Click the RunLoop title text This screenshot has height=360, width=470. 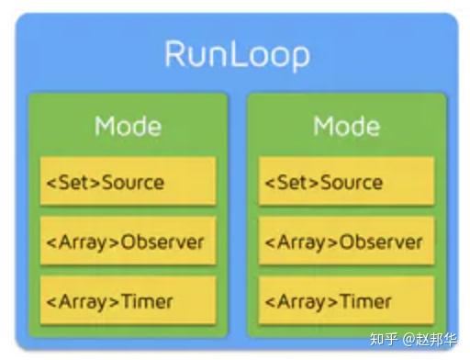237,54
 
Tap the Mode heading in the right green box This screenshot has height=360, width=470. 346,126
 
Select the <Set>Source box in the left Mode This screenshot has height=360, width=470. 128,182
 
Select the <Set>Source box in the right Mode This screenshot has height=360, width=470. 346,182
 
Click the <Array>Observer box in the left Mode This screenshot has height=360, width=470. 128,242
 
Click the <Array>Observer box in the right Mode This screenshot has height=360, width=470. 346,242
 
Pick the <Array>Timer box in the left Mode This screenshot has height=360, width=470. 128,300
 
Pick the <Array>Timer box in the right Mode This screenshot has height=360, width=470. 346,300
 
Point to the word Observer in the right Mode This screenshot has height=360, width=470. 381,242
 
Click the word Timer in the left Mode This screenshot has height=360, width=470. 146,300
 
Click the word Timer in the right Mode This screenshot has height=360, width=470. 365,300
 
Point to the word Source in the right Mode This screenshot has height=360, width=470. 352,182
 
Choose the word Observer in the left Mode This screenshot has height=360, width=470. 162,242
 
